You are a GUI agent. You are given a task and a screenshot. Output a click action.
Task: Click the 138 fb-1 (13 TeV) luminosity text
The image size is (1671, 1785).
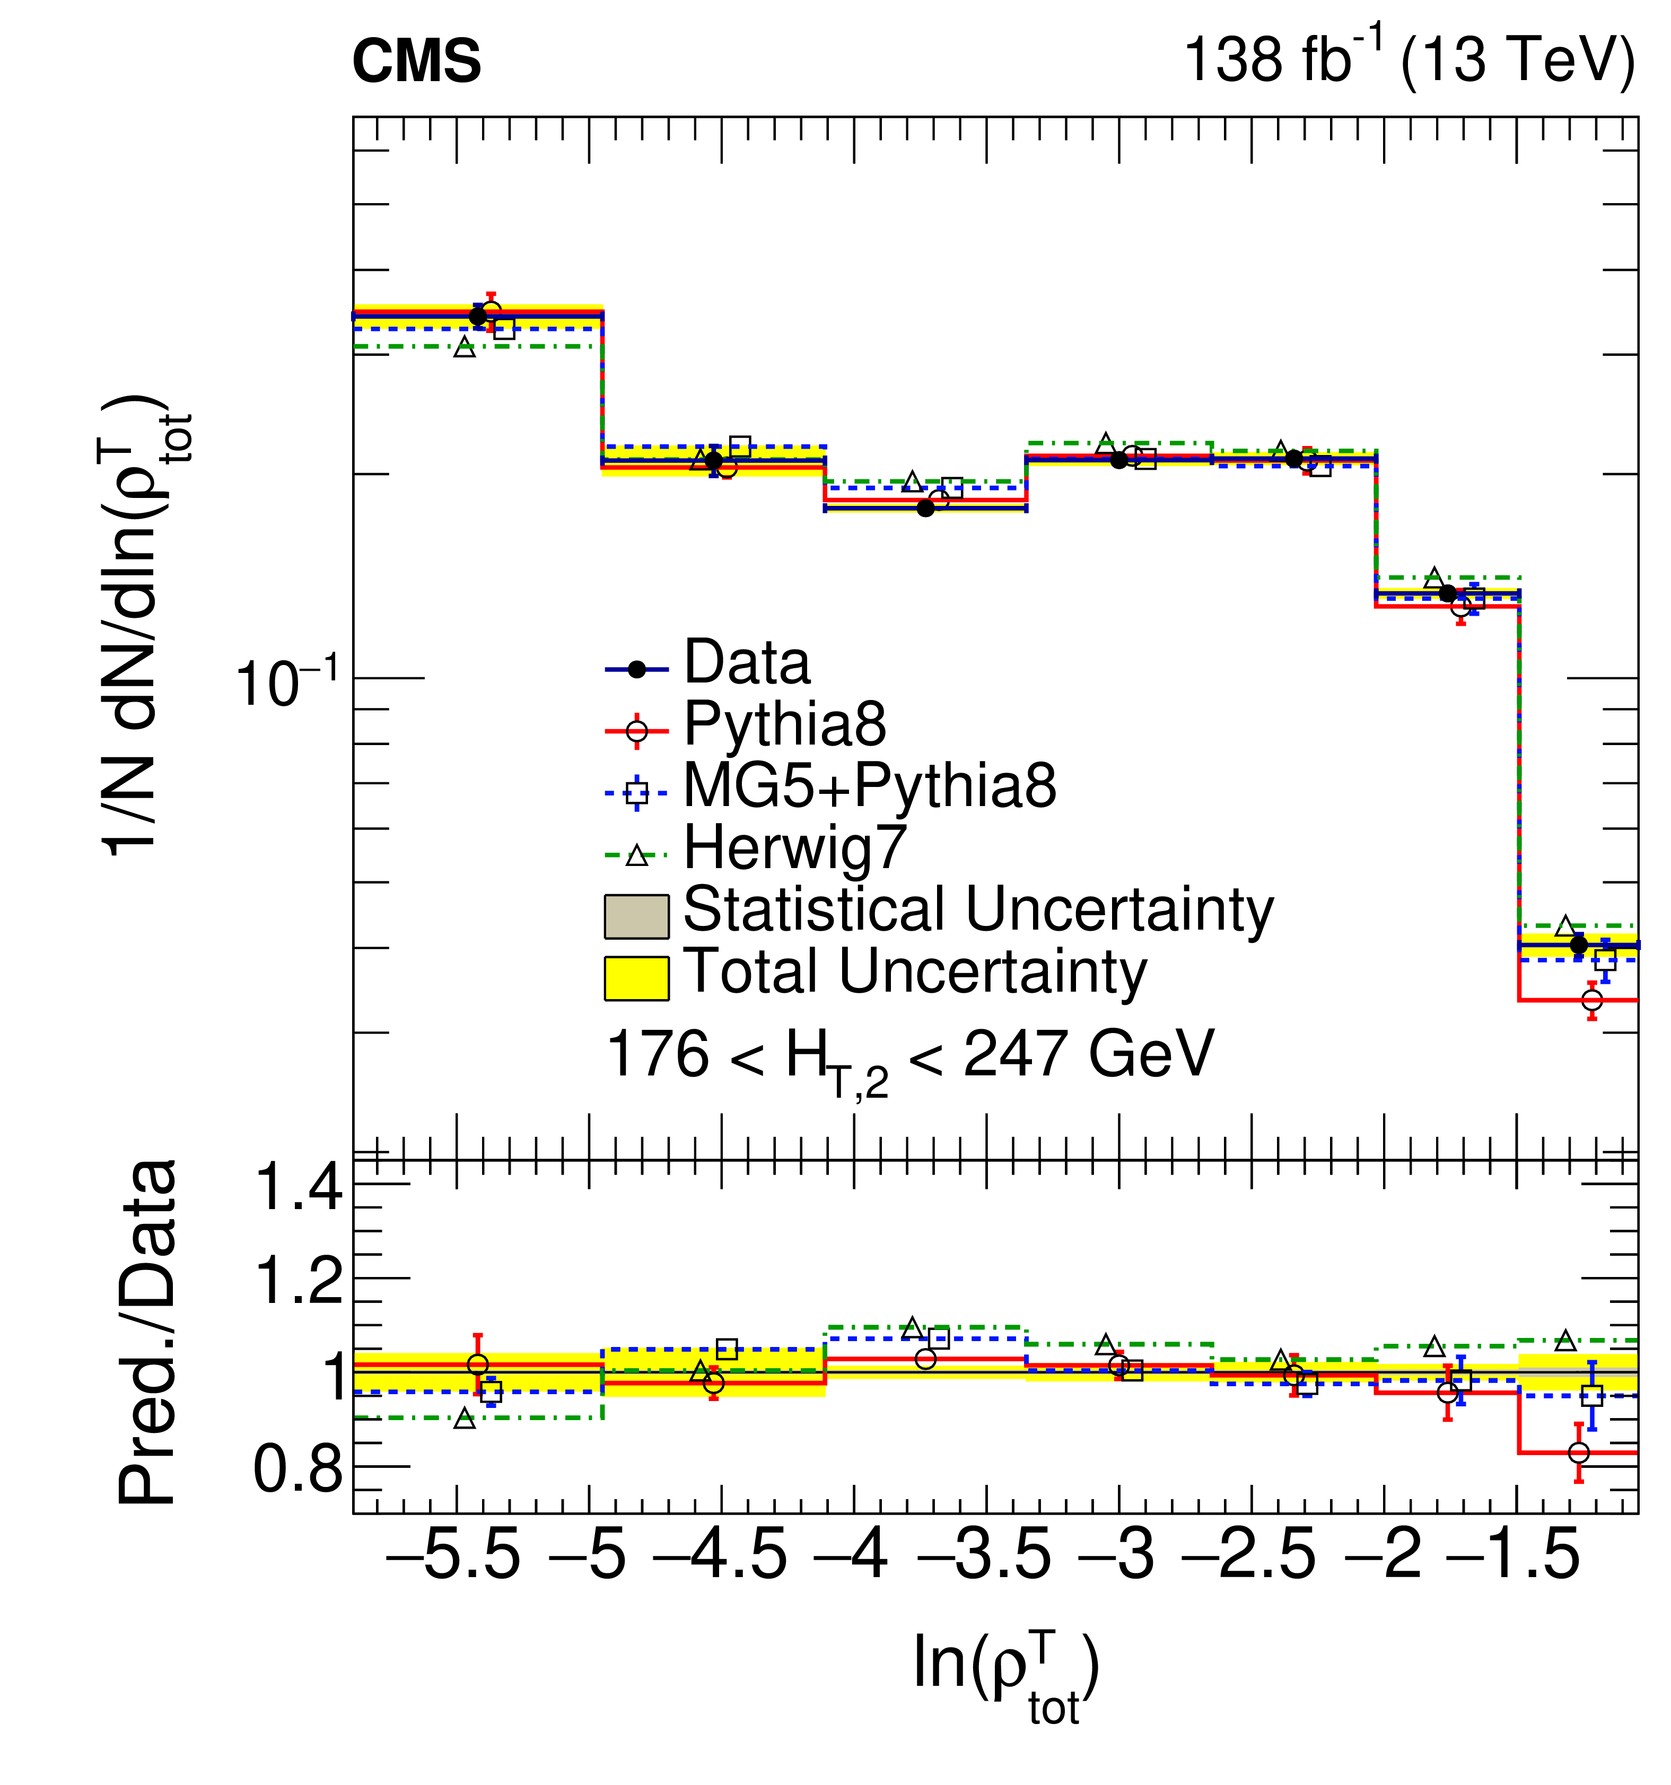coord(1409,59)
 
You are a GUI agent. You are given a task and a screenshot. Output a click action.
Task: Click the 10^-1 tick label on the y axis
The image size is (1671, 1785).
coord(287,685)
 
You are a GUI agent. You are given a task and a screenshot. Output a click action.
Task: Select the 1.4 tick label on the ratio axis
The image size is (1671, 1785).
coord(299,1188)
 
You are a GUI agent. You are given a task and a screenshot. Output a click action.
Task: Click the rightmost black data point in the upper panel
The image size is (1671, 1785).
coord(1579,944)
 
